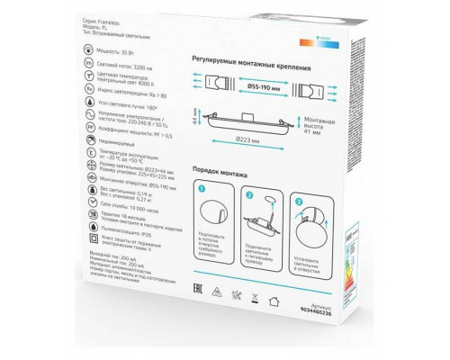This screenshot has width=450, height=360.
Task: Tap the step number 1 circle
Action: tap(202, 190)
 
